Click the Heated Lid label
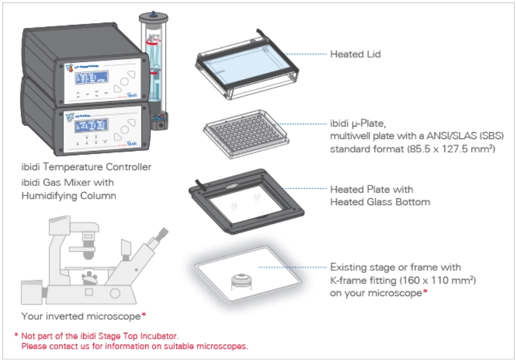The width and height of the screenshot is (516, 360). [355, 55]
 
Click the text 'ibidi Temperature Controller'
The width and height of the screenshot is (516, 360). [85, 168]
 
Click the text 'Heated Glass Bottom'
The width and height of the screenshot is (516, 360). [380, 202]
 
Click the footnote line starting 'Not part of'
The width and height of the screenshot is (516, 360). [98, 336]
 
